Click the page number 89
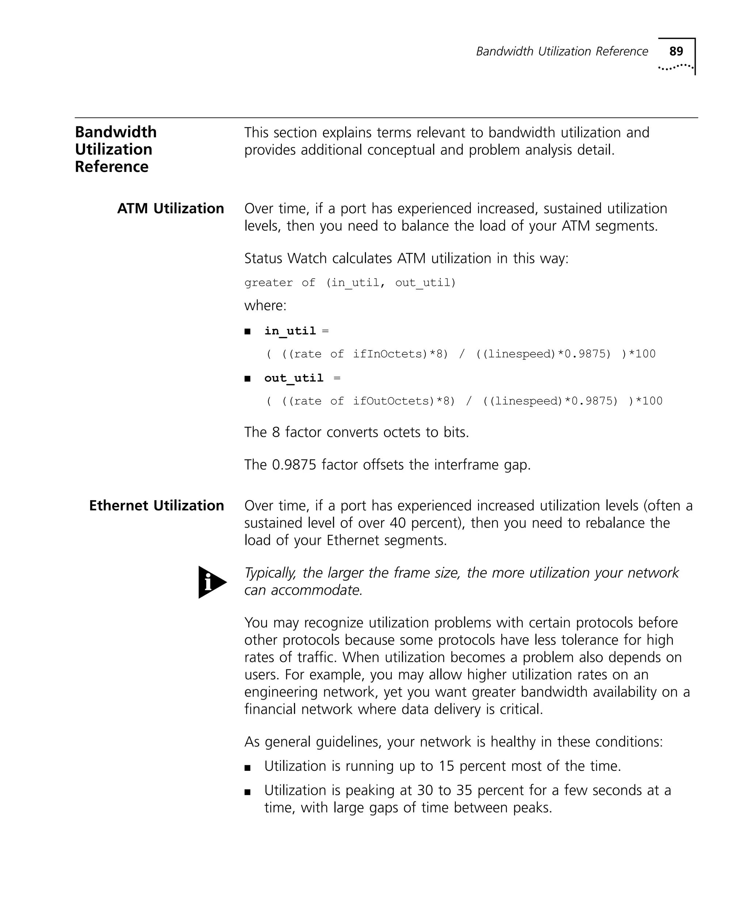point(676,51)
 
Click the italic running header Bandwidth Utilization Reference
point(562,52)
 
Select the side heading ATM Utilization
point(171,209)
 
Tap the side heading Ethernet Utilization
point(156,506)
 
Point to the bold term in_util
point(290,331)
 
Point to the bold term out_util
point(294,378)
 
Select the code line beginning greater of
point(350,283)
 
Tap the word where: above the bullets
point(265,306)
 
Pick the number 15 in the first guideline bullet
point(446,766)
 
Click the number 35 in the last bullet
point(464,790)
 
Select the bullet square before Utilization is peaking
point(247,792)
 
